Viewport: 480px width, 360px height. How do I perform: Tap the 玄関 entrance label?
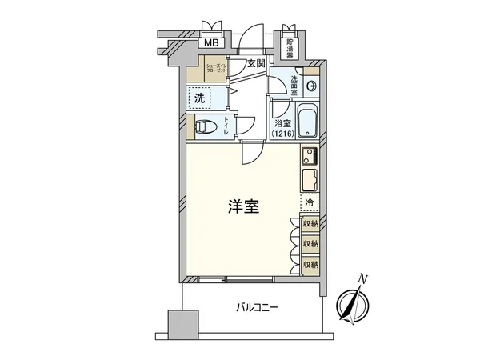pyautogui.click(x=254, y=64)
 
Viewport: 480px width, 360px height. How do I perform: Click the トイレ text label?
pyautogui.click(x=226, y=126)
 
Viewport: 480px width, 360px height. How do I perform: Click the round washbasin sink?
pyautogui.click(x=313, y=87)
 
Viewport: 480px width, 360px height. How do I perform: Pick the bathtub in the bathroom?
pyautogui.click(x=307, y=122)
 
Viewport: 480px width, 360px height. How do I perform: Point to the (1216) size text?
pyautogui.click(x=282, y=134)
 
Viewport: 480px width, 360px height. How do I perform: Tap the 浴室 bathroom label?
pyautogui.click(x=281, y=124)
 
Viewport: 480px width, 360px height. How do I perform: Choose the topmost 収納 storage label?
pyautogui.click(x=310, y=225)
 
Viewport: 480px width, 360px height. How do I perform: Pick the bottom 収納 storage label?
pyautogui.click(x=310, y=263)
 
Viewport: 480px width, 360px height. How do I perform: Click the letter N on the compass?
pyautogui.click(x=363, y=278)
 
